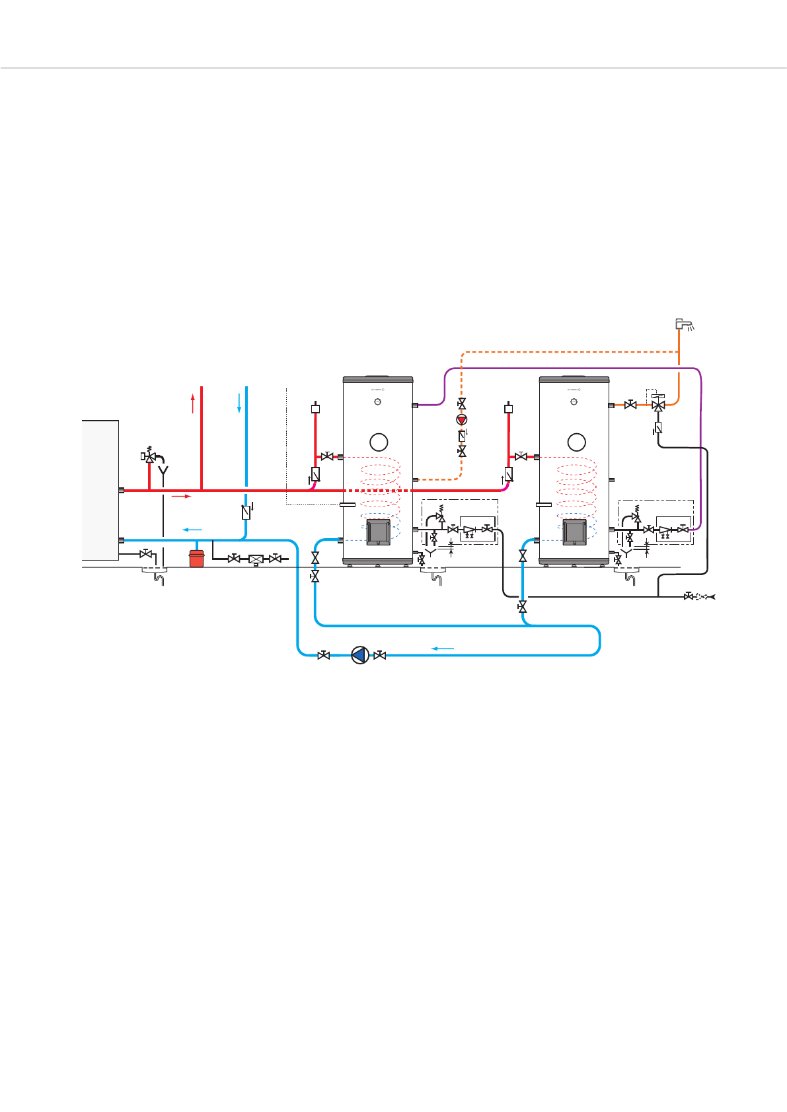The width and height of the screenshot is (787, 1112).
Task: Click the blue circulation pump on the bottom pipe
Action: coord(359,654)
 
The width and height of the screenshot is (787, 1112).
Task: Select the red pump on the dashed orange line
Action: coord(462,419)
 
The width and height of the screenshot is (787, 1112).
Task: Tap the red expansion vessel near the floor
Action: coord(196,559)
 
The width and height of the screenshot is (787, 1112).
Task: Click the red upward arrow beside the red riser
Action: coord(193,403)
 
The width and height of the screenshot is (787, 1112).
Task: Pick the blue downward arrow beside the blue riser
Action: coord(239,403)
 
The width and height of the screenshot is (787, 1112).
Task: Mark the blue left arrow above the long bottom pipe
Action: coord(443,648)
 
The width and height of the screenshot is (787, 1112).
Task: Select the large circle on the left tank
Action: coord(379,442)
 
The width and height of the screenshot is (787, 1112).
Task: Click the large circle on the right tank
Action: coord(576,442)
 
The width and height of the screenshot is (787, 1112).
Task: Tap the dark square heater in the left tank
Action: coord(379,532)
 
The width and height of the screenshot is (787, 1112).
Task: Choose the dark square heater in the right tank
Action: coord(574,532)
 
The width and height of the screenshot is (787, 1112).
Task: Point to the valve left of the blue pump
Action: coord(324,655)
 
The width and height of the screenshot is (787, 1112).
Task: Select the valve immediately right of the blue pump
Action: coord(380,655)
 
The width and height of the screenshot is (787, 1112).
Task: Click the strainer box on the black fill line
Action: coord(256,559)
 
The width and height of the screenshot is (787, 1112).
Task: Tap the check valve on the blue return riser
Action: coord(246,511)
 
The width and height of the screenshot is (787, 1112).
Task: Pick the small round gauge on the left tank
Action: coord(379,401)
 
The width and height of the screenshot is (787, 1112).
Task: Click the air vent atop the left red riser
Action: coord(315,408)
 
